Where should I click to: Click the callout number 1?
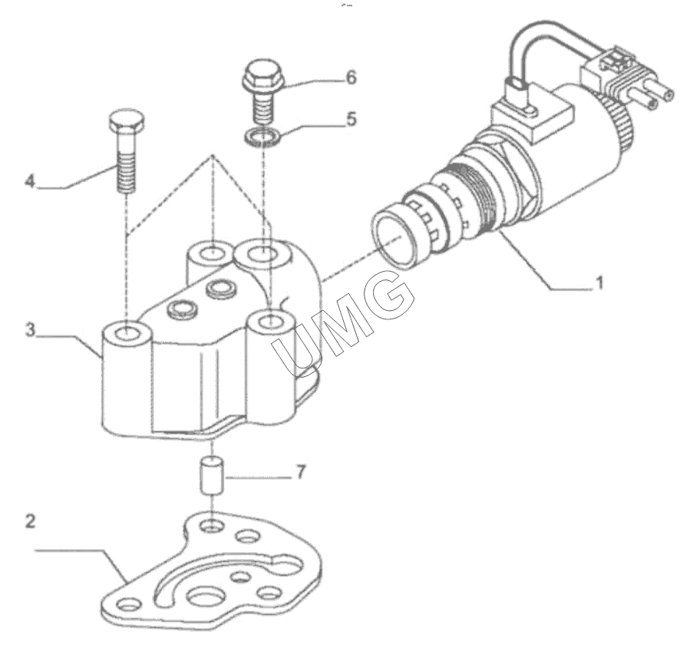[x=599, y=282]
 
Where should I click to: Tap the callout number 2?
[x=31, y=521]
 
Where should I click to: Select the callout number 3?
[x=30, y=330]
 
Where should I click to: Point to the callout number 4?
[x=30, y=180]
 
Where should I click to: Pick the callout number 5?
[x=351, y=119]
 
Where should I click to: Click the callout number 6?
[x=351, y=78]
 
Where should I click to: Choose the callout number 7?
[x=301, y=472]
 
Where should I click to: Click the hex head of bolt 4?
[x=126, y=121]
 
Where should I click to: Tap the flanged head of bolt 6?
[x=262, y=75]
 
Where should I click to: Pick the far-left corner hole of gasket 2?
[x=129, y=603]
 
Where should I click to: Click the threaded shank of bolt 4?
[x=127, y=163]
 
